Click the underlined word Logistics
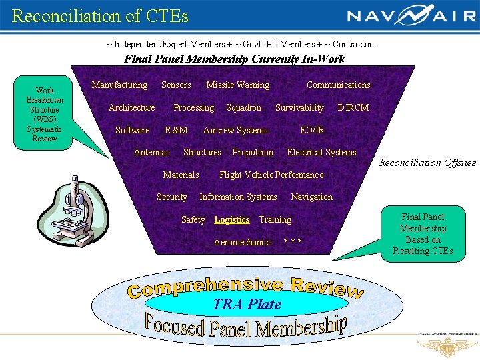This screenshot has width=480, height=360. click(x=232, y=219)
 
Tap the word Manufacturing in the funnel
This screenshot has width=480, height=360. click(x=119, y=85)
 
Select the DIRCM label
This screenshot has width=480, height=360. click(x=353, y=107)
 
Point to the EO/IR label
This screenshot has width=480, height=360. click(x=312, y=130)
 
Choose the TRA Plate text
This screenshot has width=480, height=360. click(x=247, y=304)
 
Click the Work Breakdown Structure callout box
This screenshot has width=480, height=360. click(x=45, y=114)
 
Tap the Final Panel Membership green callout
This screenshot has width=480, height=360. click(x=423, y=233)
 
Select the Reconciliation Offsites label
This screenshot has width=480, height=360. click(x=427, y=163)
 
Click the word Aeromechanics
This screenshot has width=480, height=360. click(x=243, y=242)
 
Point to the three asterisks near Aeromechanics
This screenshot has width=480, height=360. click(x=293, y=242)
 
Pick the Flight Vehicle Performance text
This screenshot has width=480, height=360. click(x=271, y=175)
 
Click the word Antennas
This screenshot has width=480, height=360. click(x=151, y=152)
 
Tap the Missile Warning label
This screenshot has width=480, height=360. click(x=238, y=85)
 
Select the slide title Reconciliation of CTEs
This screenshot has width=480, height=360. click(x=100, y=15)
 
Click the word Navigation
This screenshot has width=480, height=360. click(x=311, y=197)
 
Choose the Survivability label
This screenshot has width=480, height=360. click(x=299, y=107)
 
